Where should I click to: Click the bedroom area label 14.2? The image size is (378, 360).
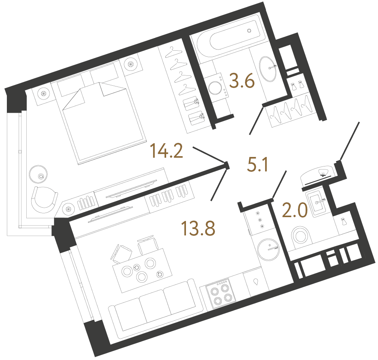click(x=167, y=150)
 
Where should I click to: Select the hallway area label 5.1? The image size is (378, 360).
click(x=258, y=165)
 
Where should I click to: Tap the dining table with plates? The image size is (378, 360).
click(x=141, y=269)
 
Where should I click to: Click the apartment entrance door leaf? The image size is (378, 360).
click(x=350, y=141)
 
